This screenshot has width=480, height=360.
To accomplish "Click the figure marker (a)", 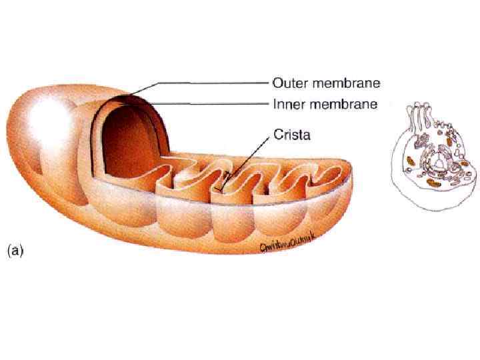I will tap(15, 251).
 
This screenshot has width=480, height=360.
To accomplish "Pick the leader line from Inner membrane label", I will tap(213, 104).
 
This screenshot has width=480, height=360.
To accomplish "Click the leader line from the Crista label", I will tap(250, 154).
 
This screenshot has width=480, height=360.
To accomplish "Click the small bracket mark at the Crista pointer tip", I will tap(226, 177).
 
